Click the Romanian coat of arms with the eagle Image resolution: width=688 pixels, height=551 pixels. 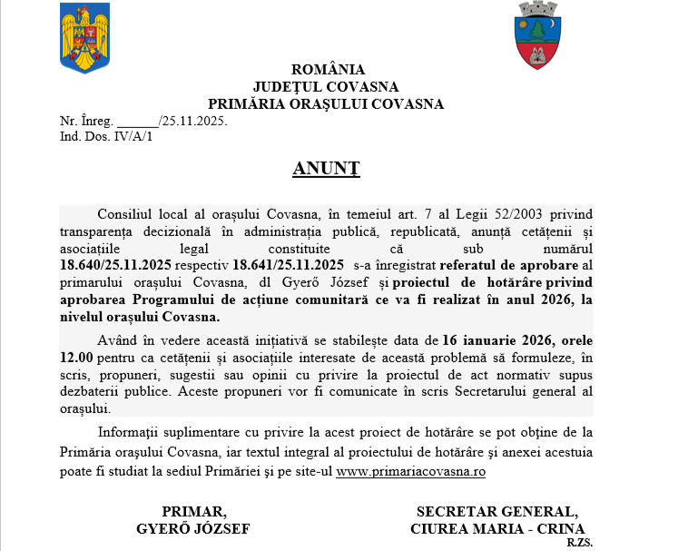tap(84, 38)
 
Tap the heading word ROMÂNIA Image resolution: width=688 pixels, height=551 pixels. tap(328, 70)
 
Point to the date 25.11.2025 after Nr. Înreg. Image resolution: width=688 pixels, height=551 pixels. tap(193, 121)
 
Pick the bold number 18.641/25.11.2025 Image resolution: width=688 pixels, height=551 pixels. tap(288, 265)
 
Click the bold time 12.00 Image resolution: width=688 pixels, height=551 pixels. tap(77, 359)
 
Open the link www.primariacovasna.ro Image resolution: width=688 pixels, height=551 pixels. tap(410, 472)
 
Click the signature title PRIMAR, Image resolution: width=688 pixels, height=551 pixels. tap(193, 511)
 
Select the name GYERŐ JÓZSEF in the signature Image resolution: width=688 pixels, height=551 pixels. tap(192, 528)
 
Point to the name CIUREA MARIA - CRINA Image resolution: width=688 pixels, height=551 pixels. tap(497, 528)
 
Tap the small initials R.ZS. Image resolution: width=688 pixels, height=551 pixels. tap(578, 542)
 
